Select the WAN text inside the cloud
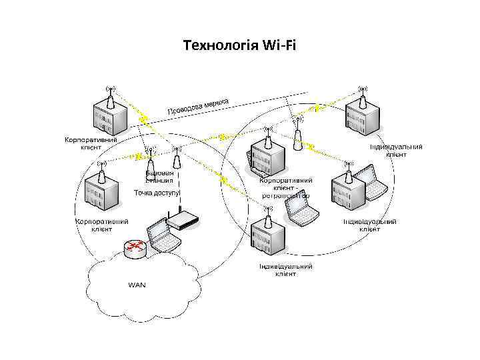coord(136,285)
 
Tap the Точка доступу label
coord(157,193)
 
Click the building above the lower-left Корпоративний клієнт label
coord(101,193)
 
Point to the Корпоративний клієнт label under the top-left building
coord(91,144)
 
